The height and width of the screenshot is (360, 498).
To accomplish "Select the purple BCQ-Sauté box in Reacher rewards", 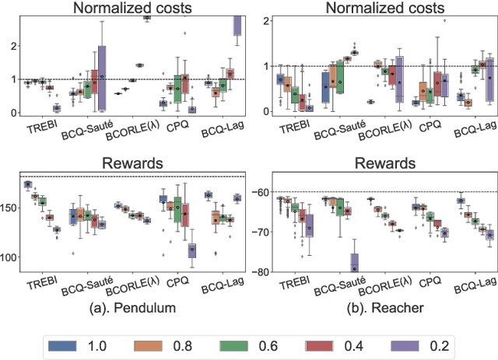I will click(x=355, y=262).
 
